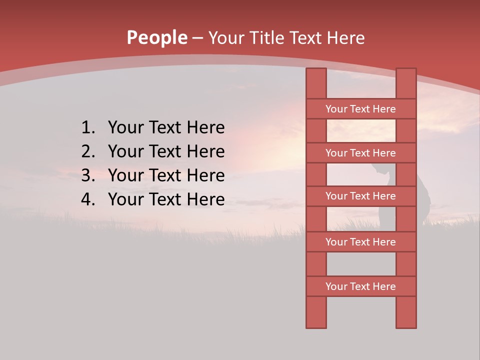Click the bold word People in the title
point(156,38)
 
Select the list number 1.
point(87,128)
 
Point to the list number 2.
point(87,151)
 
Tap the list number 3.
point(87,175)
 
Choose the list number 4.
point(87,199)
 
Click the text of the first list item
point(166,128)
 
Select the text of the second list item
point(166,151)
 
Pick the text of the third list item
point(166,175)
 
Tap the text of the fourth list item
point(166,199)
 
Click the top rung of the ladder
point(360,109)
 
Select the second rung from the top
point(360,153)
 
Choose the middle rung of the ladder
point(360,196)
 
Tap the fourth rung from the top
point(360,242)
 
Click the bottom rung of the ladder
point(360,286)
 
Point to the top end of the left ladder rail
point(316,72)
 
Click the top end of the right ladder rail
point(406,72)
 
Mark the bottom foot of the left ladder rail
point(316,322)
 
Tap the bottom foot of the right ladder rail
point(406,322)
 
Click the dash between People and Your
point(197,38)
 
